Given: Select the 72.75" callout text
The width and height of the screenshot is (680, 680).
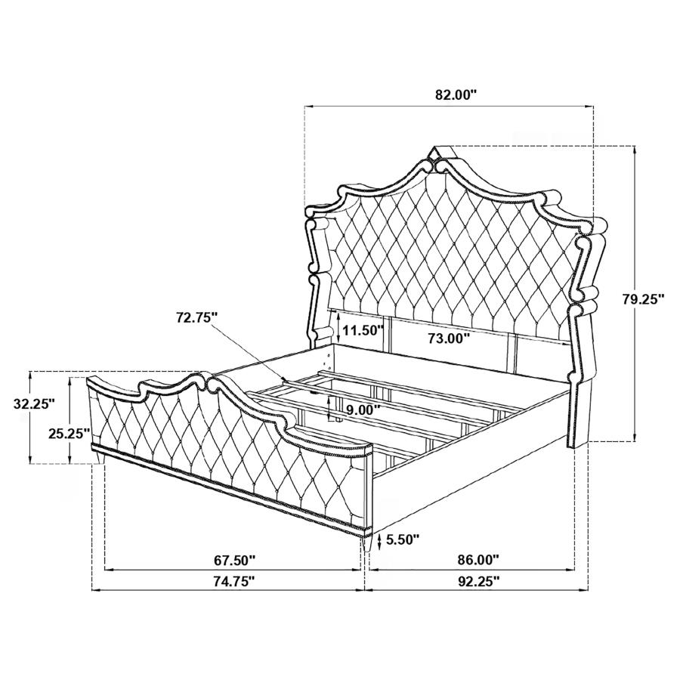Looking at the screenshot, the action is click(x=196, y=317).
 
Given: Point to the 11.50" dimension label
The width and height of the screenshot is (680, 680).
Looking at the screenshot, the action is click(x=363, y=330).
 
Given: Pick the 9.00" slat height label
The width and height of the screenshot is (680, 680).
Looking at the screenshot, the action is click(x=363, y=409).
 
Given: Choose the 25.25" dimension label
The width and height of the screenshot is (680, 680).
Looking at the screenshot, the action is click(x=69, y=433).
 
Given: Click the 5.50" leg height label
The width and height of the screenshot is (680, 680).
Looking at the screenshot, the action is click(x=403, y=539).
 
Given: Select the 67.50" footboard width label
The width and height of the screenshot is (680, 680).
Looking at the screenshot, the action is click(x=233, y=561).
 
